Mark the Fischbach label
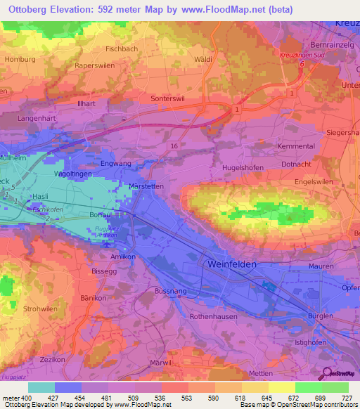tap(122, 49)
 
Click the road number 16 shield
tap(173, 144)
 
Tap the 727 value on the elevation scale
tap(347, 398)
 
